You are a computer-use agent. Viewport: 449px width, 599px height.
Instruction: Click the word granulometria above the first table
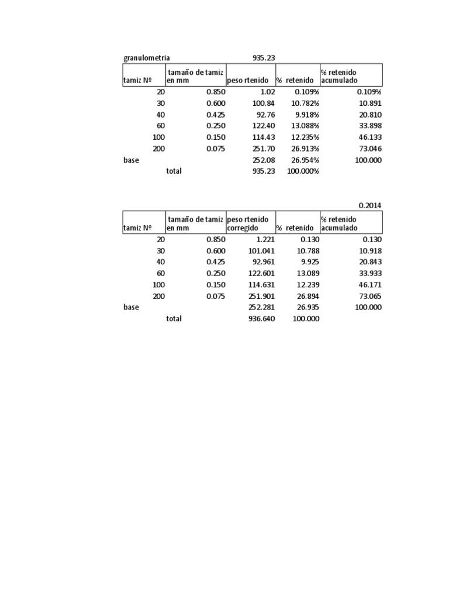tap(147, 58)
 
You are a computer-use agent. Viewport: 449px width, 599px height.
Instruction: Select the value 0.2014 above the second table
tap(370, 205)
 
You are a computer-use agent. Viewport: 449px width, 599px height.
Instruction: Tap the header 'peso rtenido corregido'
tap(248, 223)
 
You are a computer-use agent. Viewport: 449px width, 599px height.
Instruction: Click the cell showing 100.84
tap(261, 104)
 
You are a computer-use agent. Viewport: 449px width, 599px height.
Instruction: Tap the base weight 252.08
tap(261, 160)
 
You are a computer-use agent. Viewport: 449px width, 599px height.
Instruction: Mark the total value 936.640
tap(261, 319)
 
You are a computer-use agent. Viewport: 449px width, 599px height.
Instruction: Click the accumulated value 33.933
tap(370, 274)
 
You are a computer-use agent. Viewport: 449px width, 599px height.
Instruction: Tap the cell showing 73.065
tap(370, 297)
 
